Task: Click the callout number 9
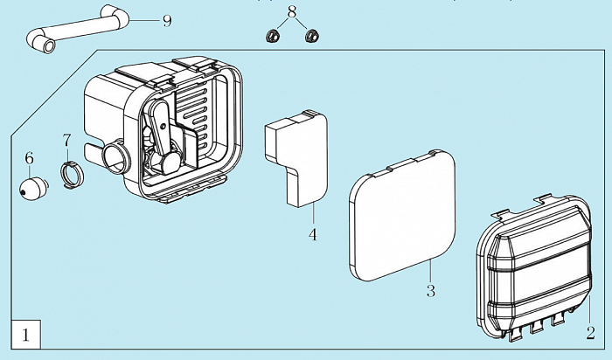point(167,20)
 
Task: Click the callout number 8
point(292,12)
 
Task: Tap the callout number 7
point(66,140)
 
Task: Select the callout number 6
point(29,158)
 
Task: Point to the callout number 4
point(311,234)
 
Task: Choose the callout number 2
point(590,332)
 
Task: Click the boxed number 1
point(26,333)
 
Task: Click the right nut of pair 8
point(310,37)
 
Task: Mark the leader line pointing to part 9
point(144,19)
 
